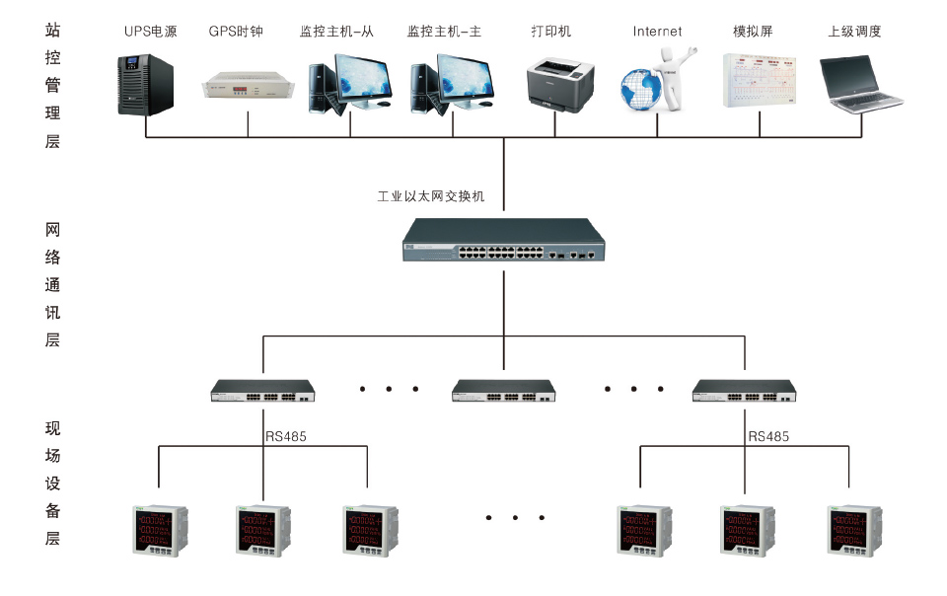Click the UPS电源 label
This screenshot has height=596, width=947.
tap(150, 32)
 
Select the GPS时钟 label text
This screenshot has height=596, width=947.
tap(238, 32)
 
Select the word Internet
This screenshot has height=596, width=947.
tap(657, 32)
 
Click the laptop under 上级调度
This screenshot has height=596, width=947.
tap(860, 85)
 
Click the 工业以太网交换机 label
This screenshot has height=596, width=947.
tap(432, 196)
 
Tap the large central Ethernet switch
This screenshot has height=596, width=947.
tap(504, 241)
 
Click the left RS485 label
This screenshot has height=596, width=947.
tap(285, 435)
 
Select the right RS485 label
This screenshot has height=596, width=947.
tap(768, 435)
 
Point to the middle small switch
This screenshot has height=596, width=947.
tap(504, 391)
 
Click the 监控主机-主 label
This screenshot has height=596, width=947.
tap(444, 32)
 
